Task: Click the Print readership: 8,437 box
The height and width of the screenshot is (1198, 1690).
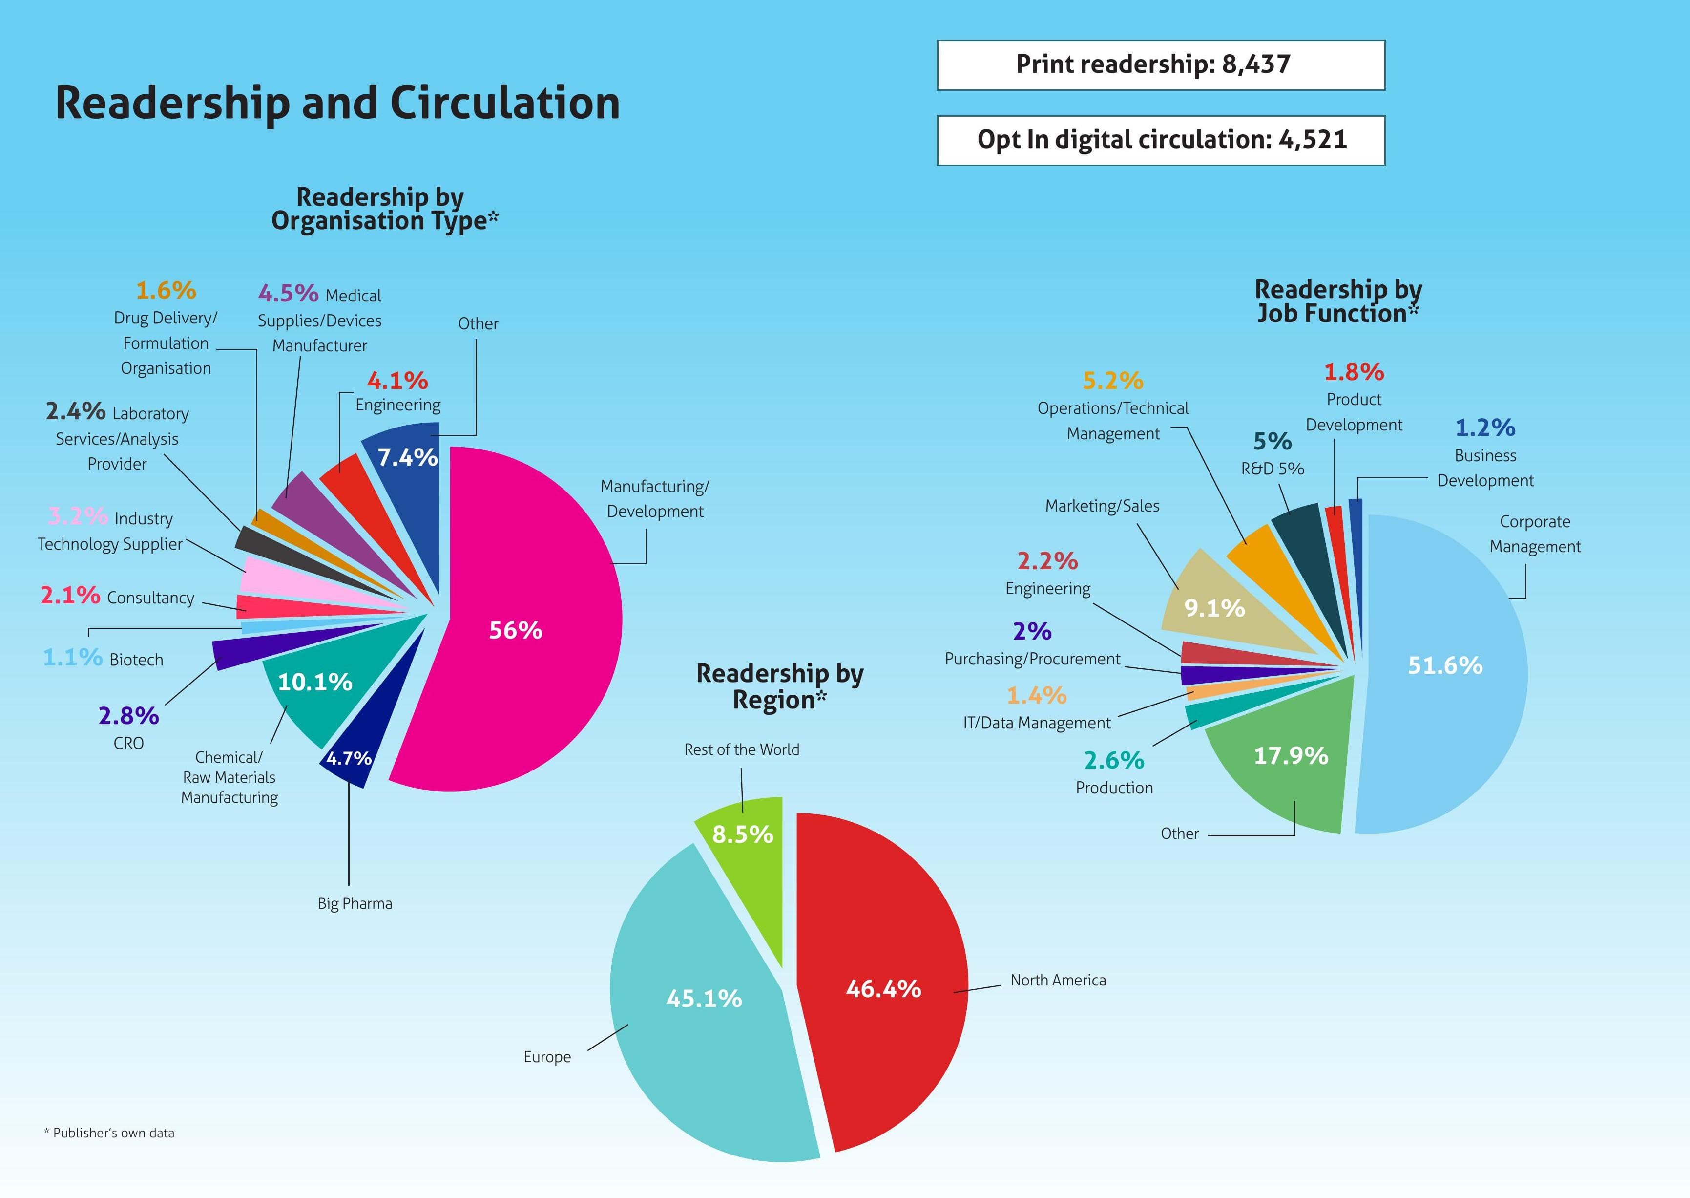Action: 1161,65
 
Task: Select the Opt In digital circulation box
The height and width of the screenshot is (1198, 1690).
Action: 1161,140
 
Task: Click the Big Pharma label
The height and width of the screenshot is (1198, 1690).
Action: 355,904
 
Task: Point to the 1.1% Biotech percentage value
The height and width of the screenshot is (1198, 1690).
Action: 72,657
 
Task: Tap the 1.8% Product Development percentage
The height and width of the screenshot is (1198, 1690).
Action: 1354,372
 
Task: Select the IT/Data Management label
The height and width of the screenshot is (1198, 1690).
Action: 1036,723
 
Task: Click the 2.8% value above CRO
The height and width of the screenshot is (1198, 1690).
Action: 128,716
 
